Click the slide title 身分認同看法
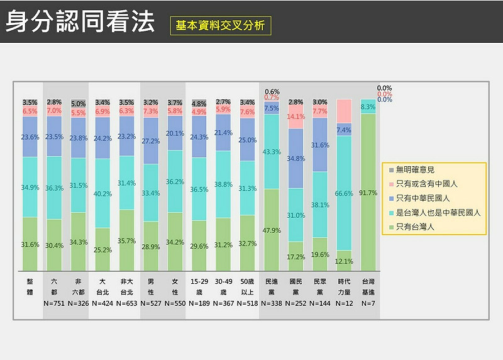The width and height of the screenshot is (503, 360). [x=80, y=22]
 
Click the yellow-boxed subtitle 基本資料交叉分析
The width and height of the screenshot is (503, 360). [x=220, y=26]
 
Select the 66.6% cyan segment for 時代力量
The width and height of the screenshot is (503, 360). [x=344, y=193]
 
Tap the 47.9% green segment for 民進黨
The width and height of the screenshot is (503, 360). [x=272, y=230]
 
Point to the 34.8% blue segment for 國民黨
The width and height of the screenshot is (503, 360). [x=296, y=159]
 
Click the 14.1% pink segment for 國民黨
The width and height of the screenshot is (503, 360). [x=296, y=117]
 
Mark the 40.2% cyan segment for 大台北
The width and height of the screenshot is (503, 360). [x=102, y=194]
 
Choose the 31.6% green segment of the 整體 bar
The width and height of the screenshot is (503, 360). [x=30, y=244]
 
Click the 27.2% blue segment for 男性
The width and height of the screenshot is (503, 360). [x=151, y=141]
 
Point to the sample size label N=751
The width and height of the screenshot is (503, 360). [x=55, y=303]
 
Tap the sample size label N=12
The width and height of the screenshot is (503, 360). [x=344, y=303]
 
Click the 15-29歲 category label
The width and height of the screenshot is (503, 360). [x=199, y=287]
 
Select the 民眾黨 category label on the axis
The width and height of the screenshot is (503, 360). [x=320, y=287]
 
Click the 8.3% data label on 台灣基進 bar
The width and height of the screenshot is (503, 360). [x=368, y=107]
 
